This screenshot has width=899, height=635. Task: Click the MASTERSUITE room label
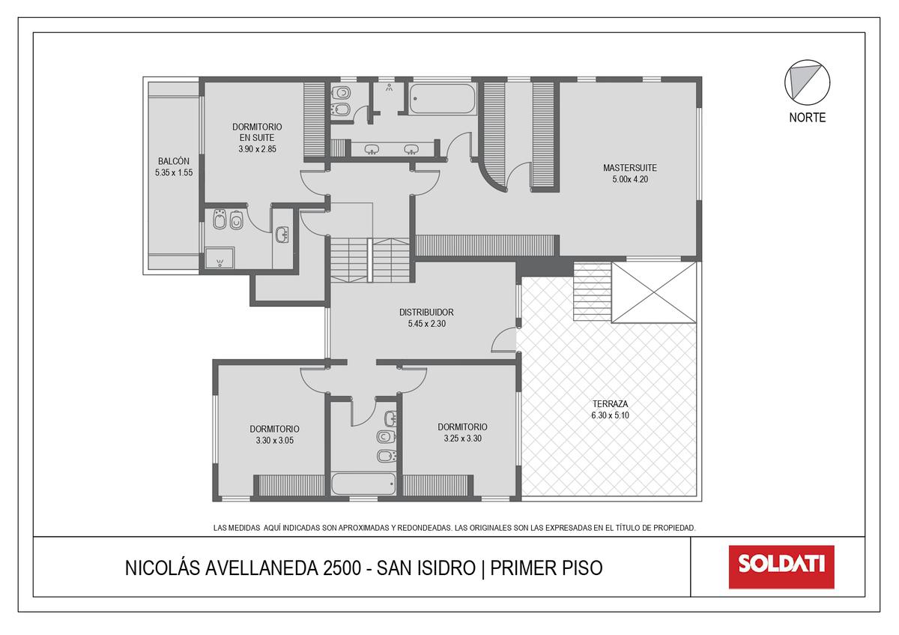coord(630,167)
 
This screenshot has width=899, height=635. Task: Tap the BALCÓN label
coord(173,161)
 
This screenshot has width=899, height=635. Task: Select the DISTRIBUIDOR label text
coord(426,312)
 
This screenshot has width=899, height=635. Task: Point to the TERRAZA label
coord(610,403)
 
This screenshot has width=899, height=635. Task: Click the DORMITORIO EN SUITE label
coord(257,132)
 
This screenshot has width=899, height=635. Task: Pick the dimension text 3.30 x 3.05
coord(274,440)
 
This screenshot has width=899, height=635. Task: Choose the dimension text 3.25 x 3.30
coord(462,438)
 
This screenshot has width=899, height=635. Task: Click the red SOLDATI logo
coord(781,567)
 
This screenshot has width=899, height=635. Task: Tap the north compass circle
coord(807,82)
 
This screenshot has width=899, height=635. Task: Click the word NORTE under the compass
coord(807,118)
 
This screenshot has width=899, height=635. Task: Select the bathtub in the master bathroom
coord(443,99)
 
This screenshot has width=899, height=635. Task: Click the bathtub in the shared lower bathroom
coord(363,484)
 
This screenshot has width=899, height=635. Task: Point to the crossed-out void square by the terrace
coord(654,292)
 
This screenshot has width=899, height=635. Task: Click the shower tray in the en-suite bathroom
coord(219,258)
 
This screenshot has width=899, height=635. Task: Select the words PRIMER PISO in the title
coord(546,568)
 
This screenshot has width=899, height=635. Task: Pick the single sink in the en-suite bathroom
coord(282,235)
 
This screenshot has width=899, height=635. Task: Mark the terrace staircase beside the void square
coord(593,292)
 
